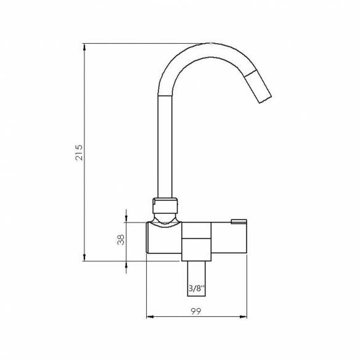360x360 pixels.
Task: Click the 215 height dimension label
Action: click(x=78, y=152)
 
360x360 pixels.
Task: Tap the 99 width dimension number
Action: click(x=195, y=312)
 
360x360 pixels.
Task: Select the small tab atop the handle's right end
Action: click(x=239, y=221)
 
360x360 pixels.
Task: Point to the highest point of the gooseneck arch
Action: click(x=210, y=44)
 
